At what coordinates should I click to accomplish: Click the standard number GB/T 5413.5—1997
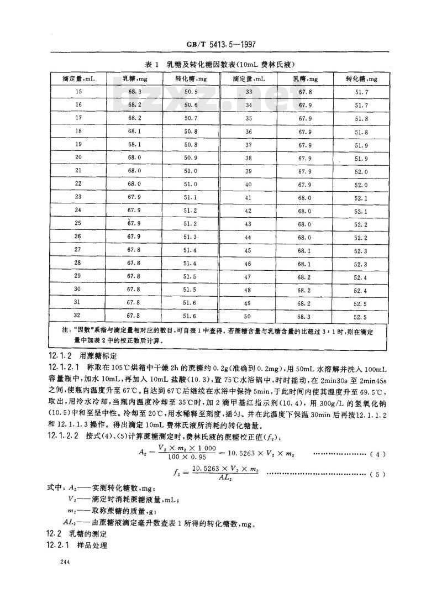[x=222, y=46]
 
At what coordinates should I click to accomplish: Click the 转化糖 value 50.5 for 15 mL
[x=191, y=91]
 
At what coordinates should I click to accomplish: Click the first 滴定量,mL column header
[x=78, y=78]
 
